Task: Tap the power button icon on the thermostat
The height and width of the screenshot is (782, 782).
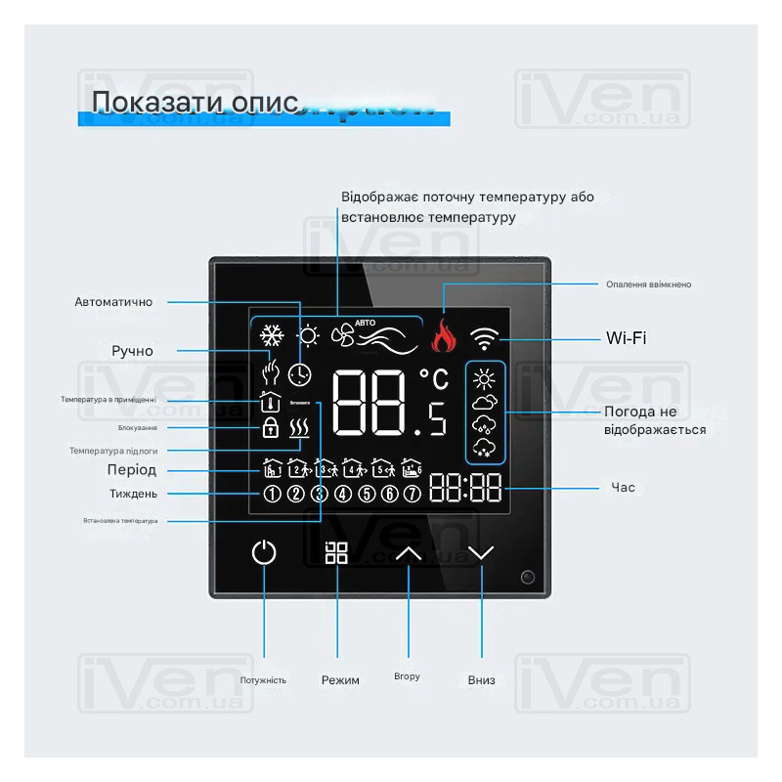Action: point(264,552)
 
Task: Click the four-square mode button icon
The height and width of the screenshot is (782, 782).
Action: point(336,552)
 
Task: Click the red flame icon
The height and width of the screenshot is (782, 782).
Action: point(444,336)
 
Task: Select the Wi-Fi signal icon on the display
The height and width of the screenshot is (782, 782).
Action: point(483,338)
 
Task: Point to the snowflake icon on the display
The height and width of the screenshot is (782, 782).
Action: point(271,336)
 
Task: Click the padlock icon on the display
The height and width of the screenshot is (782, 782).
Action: point(271,427)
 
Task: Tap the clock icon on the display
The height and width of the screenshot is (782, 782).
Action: point(299,373)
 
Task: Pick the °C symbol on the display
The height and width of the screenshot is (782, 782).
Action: point(434,376)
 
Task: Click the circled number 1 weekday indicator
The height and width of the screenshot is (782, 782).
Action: point(272,494)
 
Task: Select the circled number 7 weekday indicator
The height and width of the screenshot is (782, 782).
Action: point(413,494)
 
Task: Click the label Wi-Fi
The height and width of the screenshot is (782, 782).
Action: point(626,338)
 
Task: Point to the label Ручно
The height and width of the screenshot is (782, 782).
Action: point(132,351)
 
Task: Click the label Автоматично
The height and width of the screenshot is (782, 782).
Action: point(113,302)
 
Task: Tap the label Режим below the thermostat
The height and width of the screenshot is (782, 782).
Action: point(340,680)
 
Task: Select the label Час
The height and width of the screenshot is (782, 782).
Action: point(623,487)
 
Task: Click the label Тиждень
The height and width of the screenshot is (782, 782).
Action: point(133,494)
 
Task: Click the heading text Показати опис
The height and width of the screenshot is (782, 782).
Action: point(194,103)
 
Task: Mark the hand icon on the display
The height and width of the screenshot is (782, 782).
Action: point(272,372)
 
